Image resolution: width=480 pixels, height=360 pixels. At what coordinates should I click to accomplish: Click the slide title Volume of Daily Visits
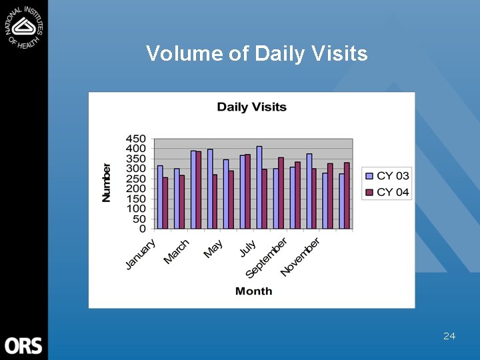pos(257,53)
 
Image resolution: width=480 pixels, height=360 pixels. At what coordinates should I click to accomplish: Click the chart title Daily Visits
pos(251,107)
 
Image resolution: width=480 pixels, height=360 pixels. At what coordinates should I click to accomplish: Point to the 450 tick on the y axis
pos(136,139)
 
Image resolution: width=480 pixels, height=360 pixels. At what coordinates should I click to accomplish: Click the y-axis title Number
pos(107,182)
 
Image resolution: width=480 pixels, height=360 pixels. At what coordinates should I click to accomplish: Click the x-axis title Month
pos(253,291)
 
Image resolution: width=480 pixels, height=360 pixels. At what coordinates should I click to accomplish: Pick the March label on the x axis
pos(177,251)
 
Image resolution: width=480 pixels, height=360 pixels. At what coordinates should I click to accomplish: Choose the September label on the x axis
pos(266,257)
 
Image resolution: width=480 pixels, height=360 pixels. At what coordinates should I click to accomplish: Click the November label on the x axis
pos(300,257)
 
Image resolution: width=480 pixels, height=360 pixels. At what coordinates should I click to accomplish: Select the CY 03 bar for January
pos(160,197)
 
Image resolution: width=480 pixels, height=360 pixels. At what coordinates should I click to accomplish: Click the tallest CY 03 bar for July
pos(259,187)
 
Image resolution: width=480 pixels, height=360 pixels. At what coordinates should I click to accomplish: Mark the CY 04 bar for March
pos(198,190)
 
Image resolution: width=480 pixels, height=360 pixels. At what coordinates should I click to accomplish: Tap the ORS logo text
pos(23,345)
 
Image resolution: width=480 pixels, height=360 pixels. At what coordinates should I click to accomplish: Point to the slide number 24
pos(449,336)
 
